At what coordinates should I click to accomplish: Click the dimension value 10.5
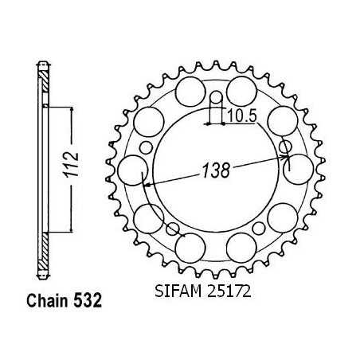tap(242, 116)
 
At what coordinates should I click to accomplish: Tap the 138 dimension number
tap(216, 170)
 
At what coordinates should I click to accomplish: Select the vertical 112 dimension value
tap(71, 165)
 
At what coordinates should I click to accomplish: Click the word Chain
tap(47, 300)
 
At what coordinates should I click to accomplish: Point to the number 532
tap(88, 300)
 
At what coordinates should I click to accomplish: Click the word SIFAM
tap(178, 292)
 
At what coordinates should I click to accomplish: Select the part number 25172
tap(229, 292)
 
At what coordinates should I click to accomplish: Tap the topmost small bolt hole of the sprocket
tap(216, 97)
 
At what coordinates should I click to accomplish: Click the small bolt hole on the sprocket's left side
tap(147, 148)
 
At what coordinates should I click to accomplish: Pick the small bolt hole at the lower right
tap(259, 229)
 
